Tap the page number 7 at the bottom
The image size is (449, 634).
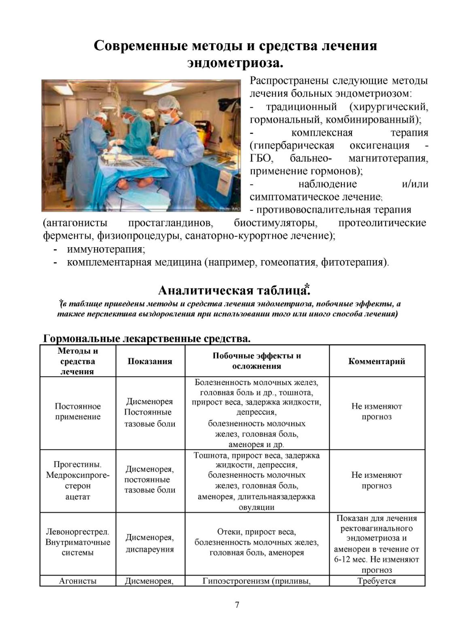[237, 605]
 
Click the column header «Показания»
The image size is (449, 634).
[150, 361]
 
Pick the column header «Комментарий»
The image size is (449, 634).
[377, 361]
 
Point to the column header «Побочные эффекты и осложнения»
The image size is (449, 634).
[256, 361]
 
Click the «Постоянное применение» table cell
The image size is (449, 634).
[78, 411]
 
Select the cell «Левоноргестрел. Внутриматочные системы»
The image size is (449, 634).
[78, 542]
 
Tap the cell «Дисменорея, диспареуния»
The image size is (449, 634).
[150, 543]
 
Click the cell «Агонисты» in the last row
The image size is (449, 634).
[78, 581]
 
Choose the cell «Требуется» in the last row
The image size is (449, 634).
[377, 581]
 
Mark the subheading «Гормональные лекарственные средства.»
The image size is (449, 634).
[146, 339]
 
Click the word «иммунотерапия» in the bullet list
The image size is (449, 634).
[106, 249]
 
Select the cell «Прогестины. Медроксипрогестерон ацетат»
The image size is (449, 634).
[78, 481]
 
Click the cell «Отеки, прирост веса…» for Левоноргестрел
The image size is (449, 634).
[256, 542]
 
